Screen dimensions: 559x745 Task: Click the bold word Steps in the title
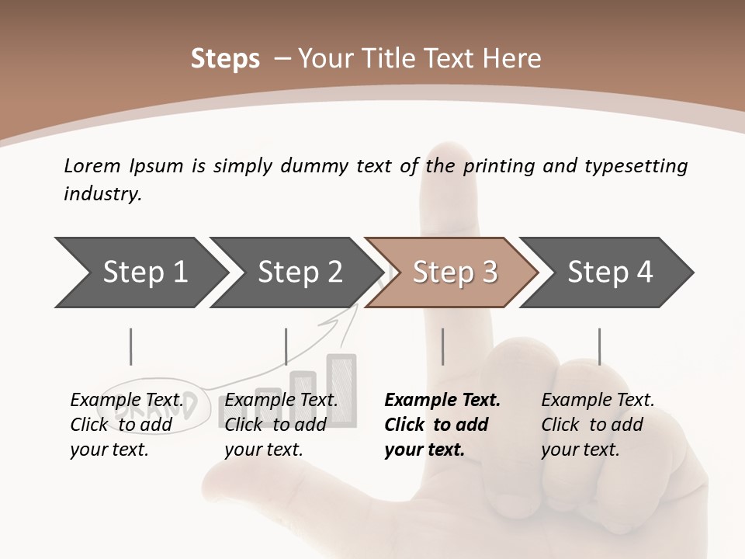point(225,59)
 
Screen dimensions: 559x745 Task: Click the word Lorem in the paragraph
point(92,165)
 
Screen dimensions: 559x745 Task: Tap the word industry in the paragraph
point(102,193)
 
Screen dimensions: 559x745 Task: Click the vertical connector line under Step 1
point(131,346)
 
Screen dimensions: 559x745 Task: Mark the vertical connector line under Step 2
point(286,346)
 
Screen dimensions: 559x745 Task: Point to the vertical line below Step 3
point(442,346)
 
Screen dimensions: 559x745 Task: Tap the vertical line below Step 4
point(599,346)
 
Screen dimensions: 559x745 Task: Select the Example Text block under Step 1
point(126,425)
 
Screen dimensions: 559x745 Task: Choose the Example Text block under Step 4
point(598,425)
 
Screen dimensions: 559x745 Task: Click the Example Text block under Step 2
point(281,425)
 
